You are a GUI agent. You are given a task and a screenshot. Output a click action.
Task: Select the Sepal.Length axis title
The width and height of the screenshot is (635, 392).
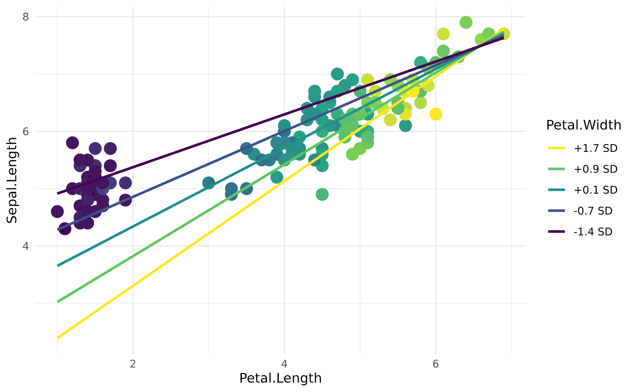click(x=12, y=180)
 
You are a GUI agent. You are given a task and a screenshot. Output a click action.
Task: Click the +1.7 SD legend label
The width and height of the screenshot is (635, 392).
click(x=595, y=148)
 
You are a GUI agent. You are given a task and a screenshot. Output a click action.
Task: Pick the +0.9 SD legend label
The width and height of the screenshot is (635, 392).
click(x=595, y=169)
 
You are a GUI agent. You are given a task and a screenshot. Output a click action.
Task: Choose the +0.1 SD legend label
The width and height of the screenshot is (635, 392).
click(x=595, y=190)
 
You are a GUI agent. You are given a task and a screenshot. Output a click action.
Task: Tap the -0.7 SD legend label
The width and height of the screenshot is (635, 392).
click(x=593, y=211)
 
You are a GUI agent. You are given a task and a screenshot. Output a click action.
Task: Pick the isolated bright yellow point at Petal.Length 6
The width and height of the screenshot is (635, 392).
click(x=436, y=114)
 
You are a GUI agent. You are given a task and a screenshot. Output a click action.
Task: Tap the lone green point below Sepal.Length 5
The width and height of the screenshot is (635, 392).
click(x=322, y=194)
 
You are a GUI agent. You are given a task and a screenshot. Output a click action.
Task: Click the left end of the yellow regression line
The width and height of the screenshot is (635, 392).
click(x=58, y=338)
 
